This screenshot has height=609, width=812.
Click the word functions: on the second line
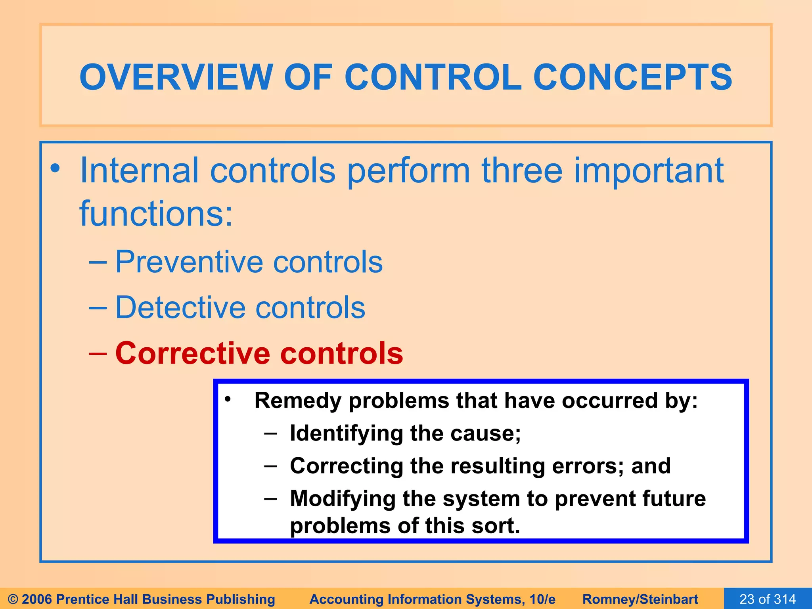tap(156, 214)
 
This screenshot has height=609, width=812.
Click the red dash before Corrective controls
tap(98, 353)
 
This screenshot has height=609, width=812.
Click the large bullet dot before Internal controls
tap(55, 168)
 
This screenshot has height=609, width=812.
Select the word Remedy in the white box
tap(298, 401)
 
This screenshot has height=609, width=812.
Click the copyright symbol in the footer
tap(13, 599)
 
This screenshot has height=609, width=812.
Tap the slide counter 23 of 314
tap(768, 599)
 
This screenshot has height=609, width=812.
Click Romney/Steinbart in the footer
tap(640, 599)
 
